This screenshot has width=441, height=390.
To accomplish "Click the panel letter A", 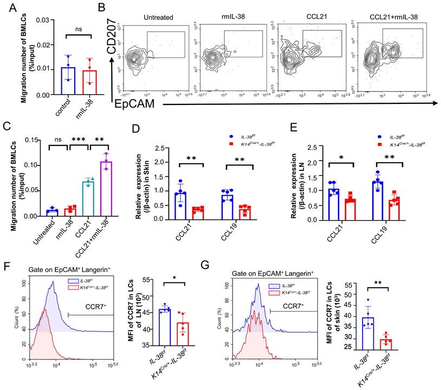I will pyautogui.click(x=7, y=7).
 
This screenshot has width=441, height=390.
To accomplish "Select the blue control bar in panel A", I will pyautogui.click(x=68, y=81).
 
